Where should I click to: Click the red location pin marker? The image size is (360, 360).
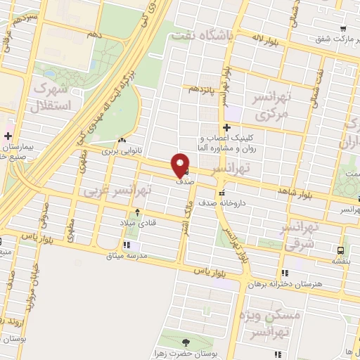[181, 165]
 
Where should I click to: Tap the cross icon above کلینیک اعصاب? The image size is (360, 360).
[226, 127]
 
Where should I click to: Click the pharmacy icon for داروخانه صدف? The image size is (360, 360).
[222, 192]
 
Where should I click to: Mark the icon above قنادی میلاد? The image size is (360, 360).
[137, 212]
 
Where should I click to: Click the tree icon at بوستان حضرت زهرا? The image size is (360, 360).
[186, 342]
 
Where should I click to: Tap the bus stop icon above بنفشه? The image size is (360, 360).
[340, 250]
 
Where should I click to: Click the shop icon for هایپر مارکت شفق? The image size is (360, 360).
[342, 30]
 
